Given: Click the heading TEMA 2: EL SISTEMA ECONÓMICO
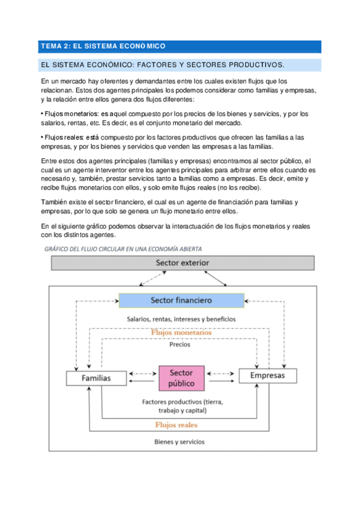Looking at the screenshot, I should coord(102,46).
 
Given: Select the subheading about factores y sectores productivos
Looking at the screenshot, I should coord(161,65).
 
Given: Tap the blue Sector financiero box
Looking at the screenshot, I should coord(181,300).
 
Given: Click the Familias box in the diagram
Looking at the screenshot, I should coord(96,378).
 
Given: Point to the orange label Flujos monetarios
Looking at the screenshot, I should coord(181,332).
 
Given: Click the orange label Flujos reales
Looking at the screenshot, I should coord(176,424).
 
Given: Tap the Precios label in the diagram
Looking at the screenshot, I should coord(180,345).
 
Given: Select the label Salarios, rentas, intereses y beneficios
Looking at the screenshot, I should coord(181,319).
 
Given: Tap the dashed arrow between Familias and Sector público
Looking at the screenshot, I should coord(142,373).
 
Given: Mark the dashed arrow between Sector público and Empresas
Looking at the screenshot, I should coord(222,373).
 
